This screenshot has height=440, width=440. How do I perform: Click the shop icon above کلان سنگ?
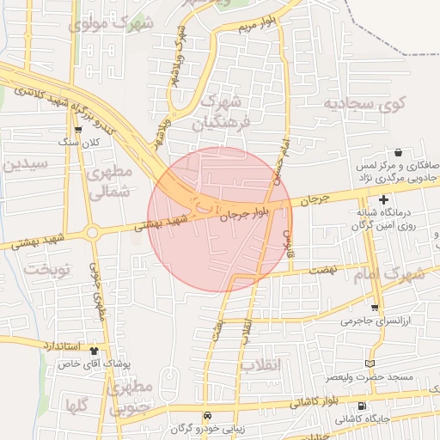coord(78,129)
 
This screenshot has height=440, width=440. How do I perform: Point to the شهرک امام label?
coord(400,275)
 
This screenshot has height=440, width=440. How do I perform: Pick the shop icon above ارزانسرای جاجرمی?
coord(375,307)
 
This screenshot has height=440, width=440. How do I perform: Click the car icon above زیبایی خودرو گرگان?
coord(205,415)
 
